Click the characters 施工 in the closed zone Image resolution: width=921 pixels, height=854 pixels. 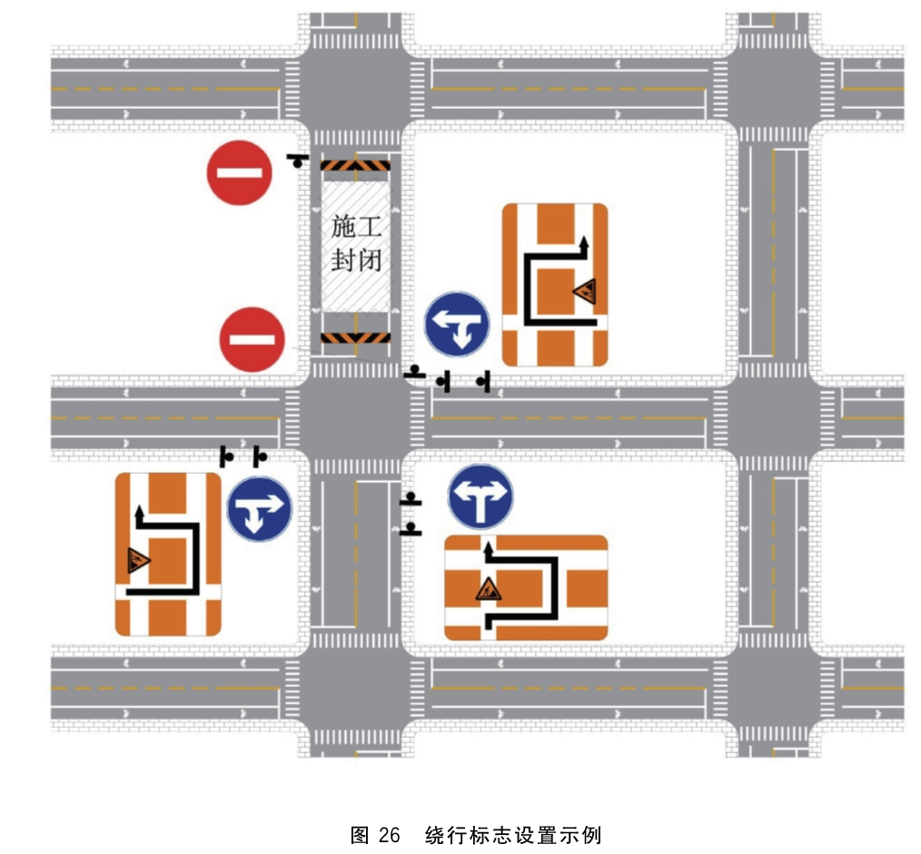point(356,227)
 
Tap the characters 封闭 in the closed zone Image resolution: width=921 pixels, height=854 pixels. point(356,260)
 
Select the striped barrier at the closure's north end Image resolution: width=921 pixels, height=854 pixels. point(355,165)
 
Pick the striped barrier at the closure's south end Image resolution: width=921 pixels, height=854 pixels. point(355,338)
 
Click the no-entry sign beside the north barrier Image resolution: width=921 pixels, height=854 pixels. point(240,172)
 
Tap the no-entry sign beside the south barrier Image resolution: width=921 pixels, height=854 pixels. point(252,339)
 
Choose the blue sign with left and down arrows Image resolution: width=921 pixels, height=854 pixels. point(457,325)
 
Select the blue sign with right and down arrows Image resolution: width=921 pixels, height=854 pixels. point(259,509)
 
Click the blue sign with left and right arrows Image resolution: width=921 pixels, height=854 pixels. point(480,497)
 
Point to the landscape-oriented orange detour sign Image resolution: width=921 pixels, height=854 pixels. point(526,587)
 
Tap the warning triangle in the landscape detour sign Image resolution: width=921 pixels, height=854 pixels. point(488,589)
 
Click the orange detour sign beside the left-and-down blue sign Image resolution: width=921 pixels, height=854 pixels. point(555,285)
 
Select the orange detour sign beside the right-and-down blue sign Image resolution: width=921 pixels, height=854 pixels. point(168,555)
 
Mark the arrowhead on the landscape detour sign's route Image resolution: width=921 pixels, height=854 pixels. point(488,549)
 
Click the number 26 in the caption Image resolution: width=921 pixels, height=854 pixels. point(390,835)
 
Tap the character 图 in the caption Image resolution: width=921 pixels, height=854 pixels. point(360,835)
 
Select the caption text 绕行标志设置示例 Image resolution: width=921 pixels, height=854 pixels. point(514,835)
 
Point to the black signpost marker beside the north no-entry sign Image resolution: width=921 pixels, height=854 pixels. point(299,161)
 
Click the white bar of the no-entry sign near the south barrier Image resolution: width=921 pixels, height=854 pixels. point(252,339)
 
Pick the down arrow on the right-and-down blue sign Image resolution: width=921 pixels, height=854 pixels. point(254,519)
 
